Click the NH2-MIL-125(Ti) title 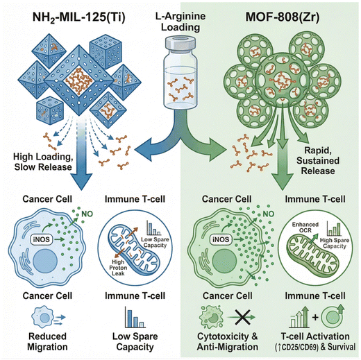(x=78, y=18)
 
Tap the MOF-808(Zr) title (x=283, y=17)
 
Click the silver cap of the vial (x=180, y=43)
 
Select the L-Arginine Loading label (x=180, y=22)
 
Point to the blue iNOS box (x=42, y=239)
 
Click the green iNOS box (x=221, y=239)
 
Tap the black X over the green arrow (x=242, y=317)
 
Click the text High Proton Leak (x=118, y=268)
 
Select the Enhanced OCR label (x=305, y=228)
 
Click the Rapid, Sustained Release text (x=318, y=161)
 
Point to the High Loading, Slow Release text (x=43, y=162)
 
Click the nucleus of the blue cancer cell (x=45, y=262)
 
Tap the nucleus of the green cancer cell (x=224, y=262)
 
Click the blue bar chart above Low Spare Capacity (x=135, y=317)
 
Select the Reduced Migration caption (x=47, y=342)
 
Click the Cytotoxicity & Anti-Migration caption (x=228, y=342)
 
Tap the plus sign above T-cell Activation (x=315, y=317)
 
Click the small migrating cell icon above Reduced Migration (x=48, y=317)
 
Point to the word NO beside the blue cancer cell (x=87, y=214)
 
